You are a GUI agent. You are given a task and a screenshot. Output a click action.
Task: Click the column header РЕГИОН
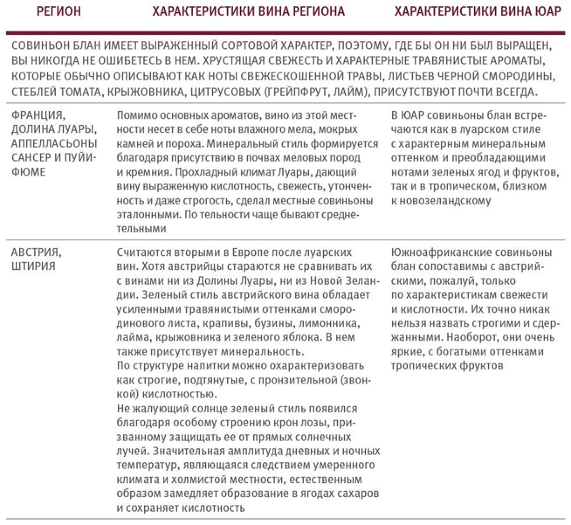pyautogui.click(x=58, y=11)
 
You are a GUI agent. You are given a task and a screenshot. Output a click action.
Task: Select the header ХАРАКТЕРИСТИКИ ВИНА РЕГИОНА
pyautogui.click(x=248, y=11)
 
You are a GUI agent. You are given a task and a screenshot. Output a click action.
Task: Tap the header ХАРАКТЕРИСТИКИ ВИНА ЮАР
pyautogui.click(x=478, y=11)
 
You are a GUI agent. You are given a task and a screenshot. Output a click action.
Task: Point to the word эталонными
pyautogui.click(x=145, y=214)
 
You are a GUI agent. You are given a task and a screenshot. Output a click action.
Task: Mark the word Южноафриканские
pyautogui.click(x=438, y=252)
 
